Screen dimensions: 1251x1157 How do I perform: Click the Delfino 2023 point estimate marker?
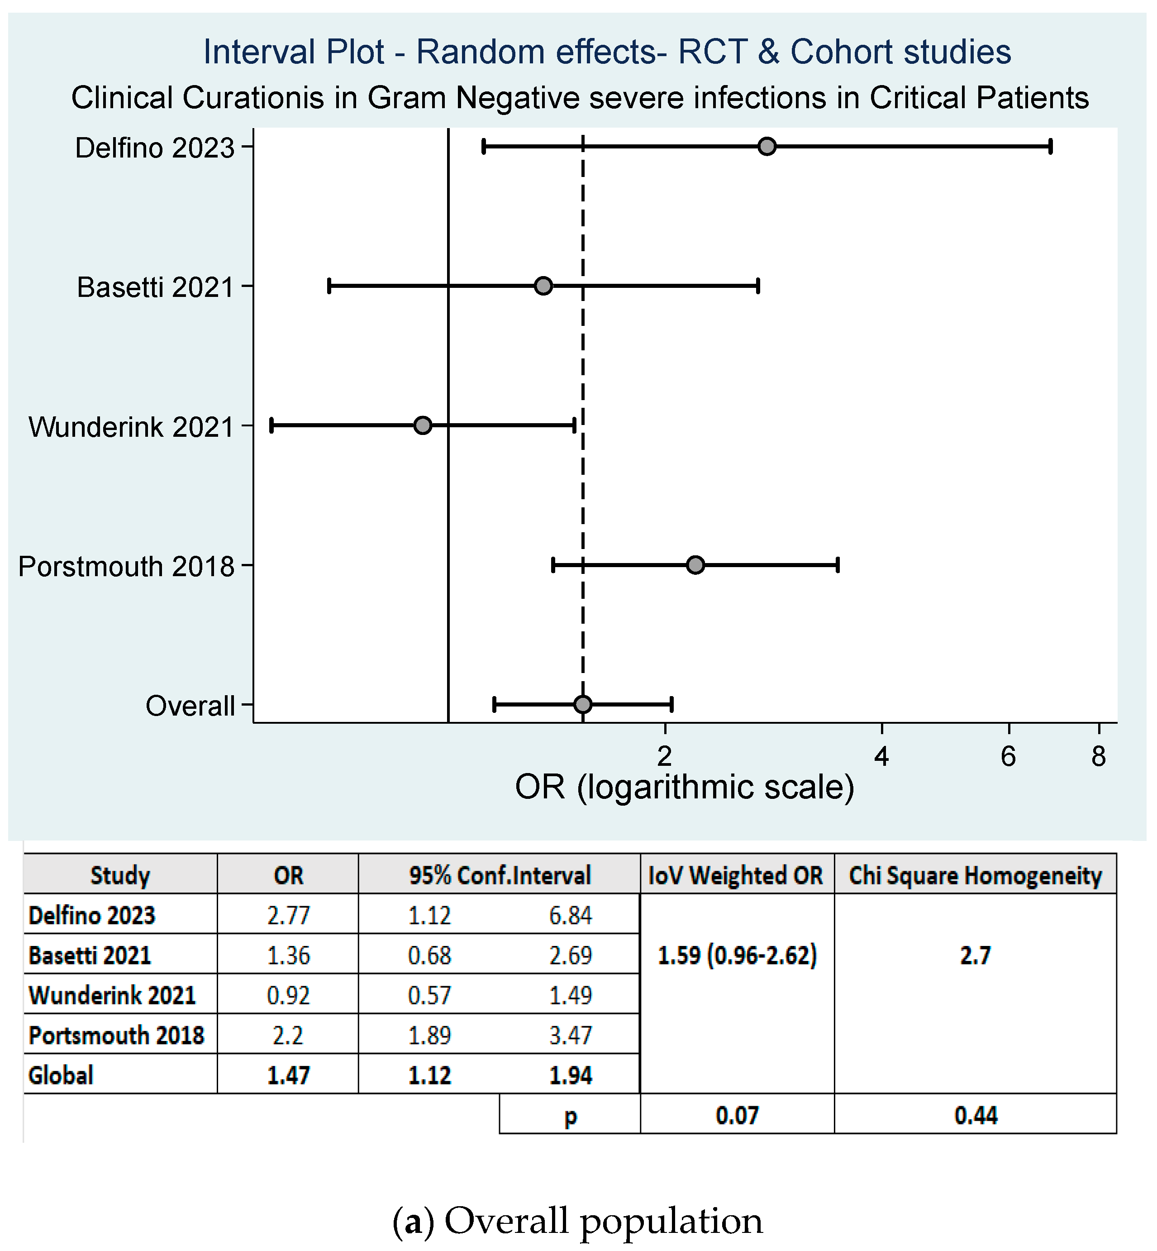767,147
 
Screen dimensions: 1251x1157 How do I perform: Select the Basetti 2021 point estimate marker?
543,286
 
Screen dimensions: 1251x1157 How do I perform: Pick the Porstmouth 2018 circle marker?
695,565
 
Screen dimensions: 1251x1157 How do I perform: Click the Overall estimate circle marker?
582,704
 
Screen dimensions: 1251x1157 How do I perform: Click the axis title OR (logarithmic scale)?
684,787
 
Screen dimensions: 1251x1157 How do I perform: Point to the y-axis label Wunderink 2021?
131,427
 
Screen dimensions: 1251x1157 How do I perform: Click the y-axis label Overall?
190,706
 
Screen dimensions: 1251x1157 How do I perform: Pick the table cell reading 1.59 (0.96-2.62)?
737,955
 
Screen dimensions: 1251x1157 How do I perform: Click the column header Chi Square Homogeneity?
975,875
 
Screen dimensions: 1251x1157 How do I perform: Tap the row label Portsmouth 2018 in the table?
116,1036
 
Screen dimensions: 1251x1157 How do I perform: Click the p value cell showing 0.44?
975,1116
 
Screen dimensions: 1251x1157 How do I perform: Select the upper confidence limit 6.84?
570,916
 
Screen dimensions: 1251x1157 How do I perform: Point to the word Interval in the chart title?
294,52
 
